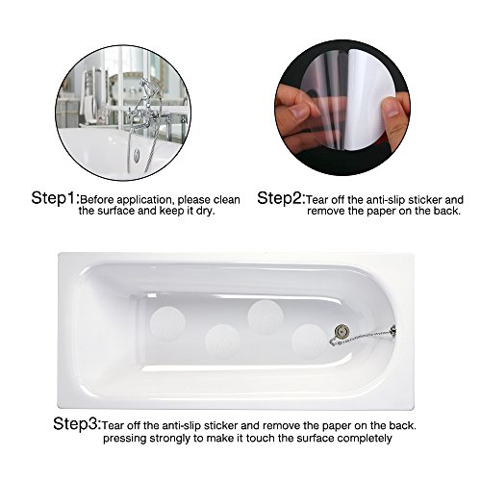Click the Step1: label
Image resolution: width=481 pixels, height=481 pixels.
tap(55, 199)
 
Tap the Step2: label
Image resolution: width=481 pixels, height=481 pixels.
tap(281, 199)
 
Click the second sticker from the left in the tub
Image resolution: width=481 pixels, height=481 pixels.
tap(220, 340)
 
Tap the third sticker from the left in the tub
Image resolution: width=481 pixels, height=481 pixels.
tap(263, 315)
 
